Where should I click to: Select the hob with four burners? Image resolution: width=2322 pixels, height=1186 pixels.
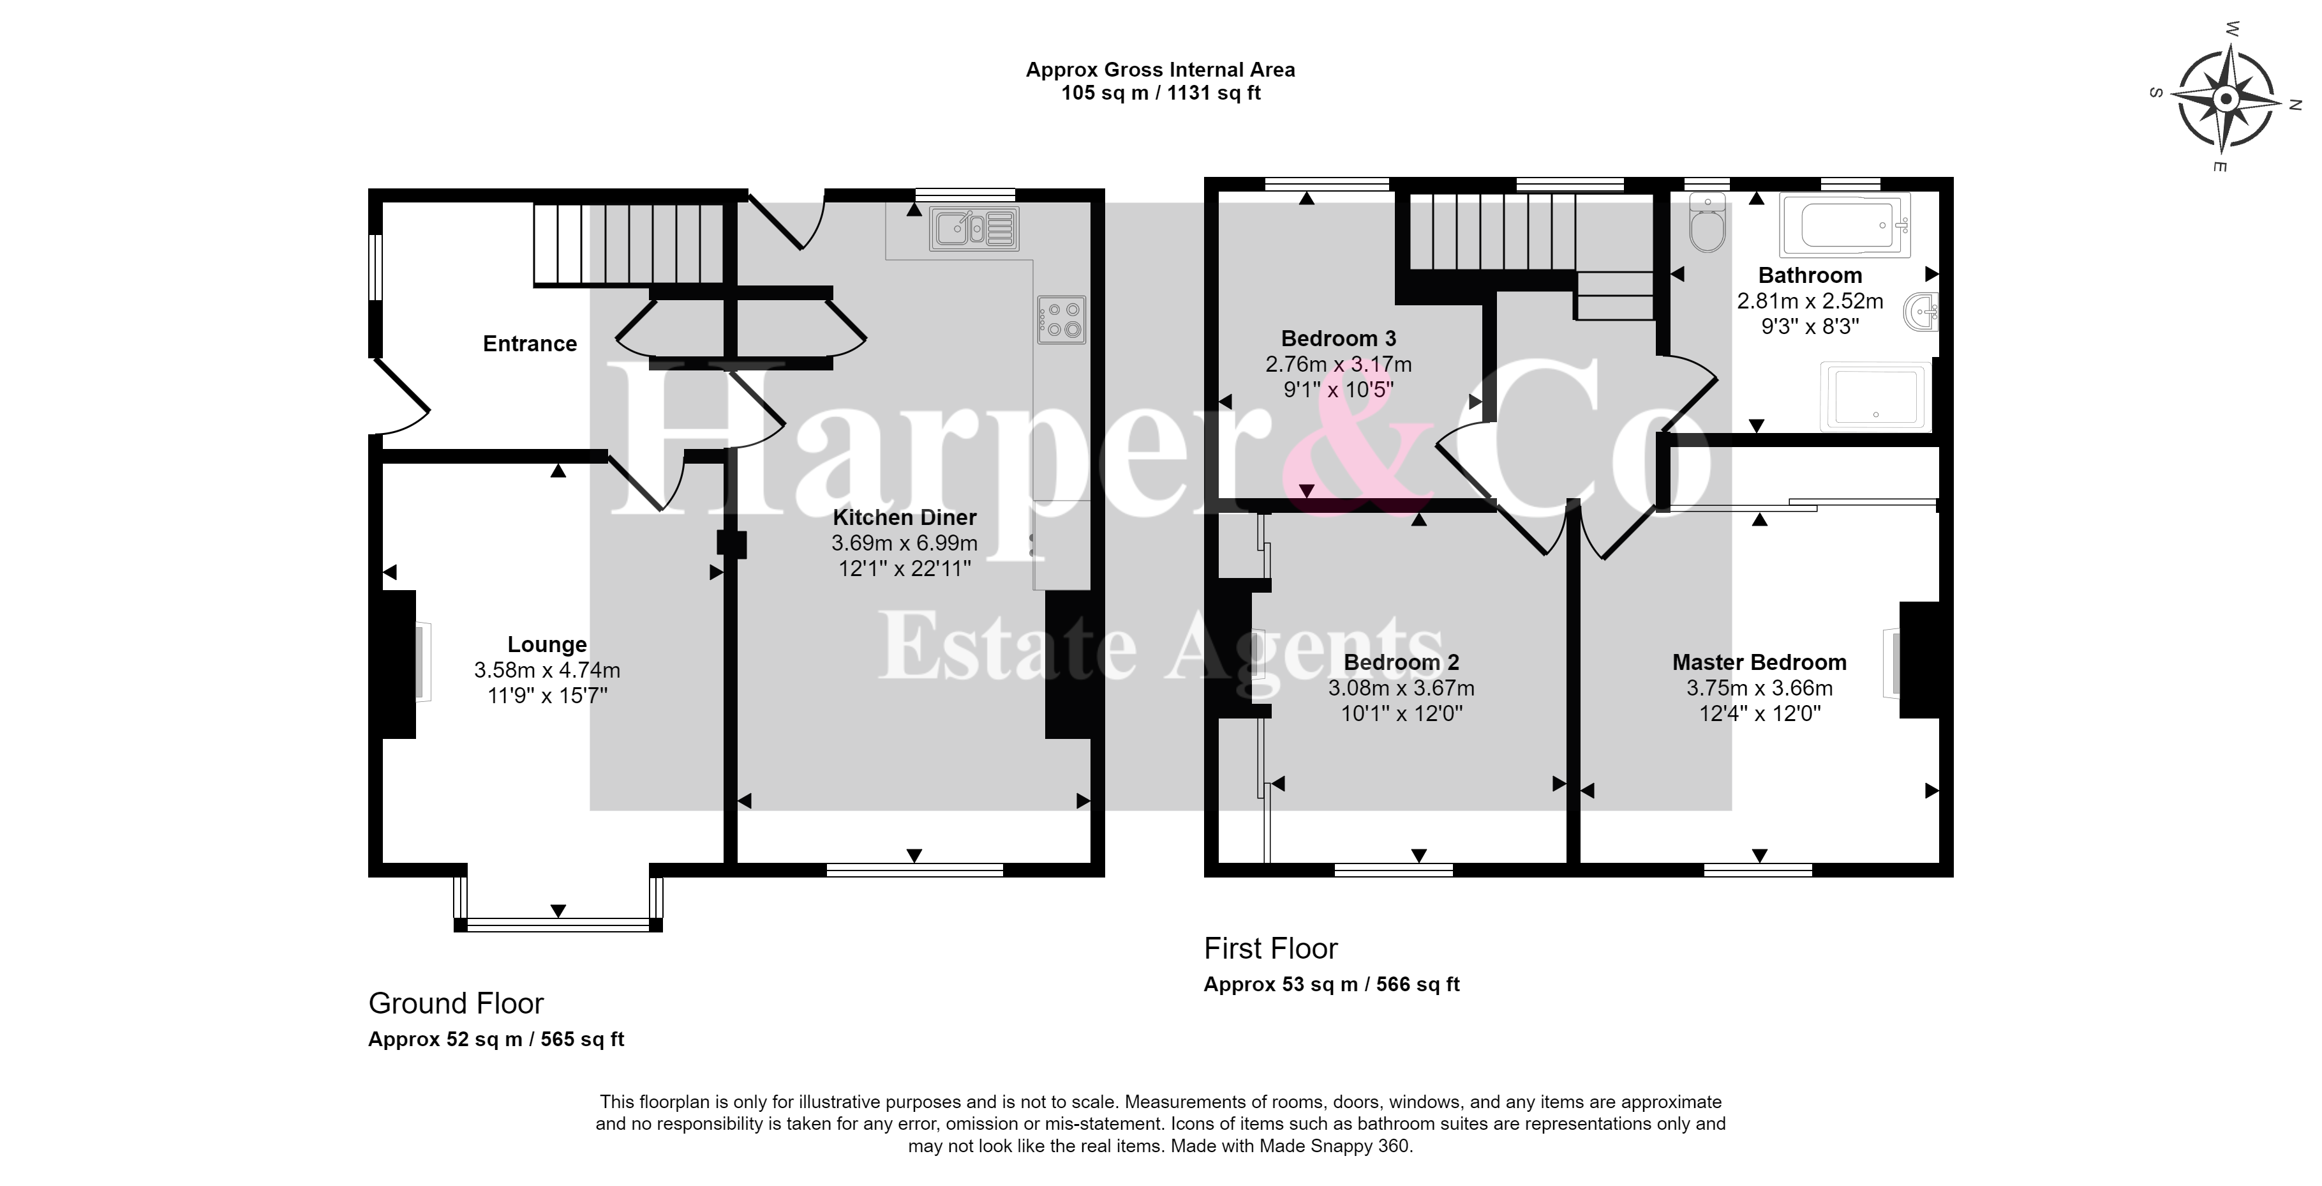click(1062, 319)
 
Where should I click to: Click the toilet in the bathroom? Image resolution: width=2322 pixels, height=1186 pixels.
click(1708, 222)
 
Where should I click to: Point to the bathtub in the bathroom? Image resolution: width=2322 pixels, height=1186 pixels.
click(1845, 225)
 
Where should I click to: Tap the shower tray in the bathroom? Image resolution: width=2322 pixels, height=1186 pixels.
click(1876, 396)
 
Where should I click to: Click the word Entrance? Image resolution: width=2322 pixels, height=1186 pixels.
click(530, 344)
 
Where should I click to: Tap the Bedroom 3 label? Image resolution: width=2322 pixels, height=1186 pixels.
click(1339, 338)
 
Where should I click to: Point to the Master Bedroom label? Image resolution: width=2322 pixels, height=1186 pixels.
click(1760, 662)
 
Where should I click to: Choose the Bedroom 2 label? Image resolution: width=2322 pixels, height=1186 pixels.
click(1402, 662)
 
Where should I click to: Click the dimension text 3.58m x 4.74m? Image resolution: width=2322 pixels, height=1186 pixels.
click(547, 670)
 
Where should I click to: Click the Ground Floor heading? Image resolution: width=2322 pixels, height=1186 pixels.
click(456, 1003)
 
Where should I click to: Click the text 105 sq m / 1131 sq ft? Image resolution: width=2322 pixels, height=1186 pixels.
click(1161, 93)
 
